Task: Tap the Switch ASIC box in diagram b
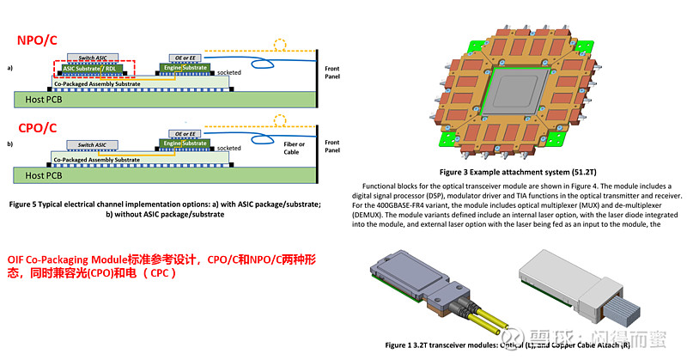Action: [92, 144]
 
